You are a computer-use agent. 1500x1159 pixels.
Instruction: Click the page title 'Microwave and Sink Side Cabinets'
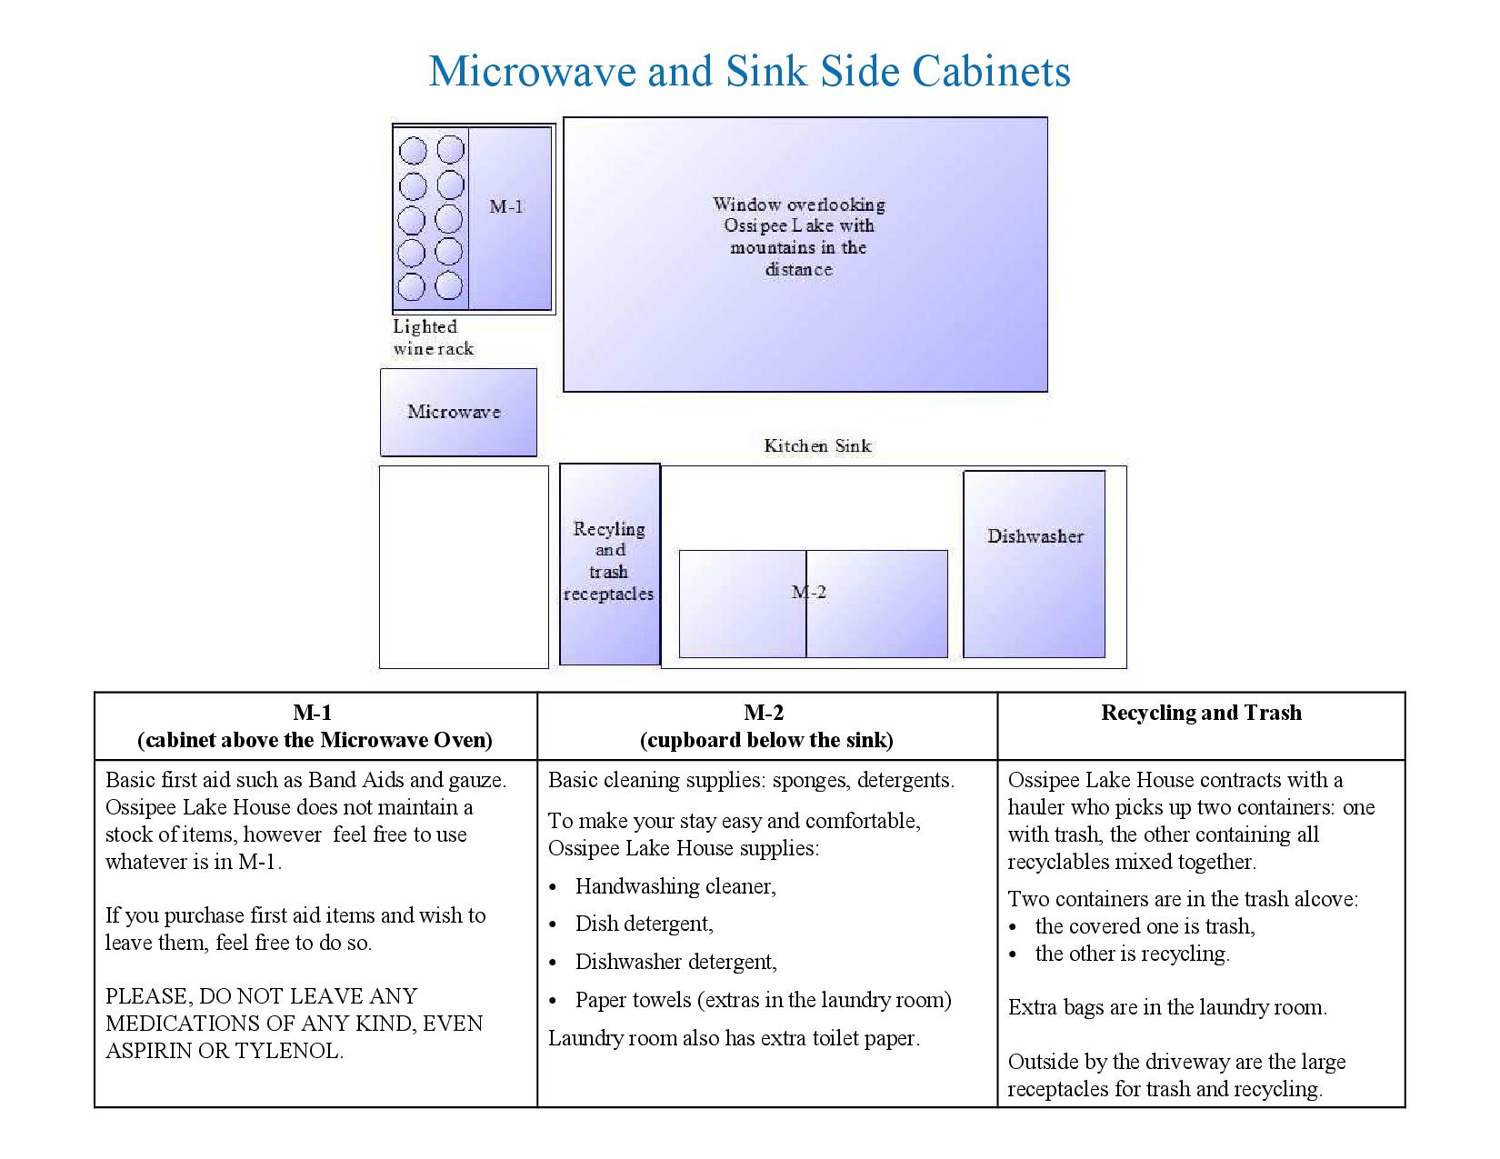[x=749, y=71]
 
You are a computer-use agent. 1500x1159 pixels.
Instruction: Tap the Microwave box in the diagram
[x=458, y=412]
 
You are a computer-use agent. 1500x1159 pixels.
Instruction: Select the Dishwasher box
[x=1035, y=564]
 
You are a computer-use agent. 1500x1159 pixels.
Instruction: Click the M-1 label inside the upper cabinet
[x=506, y=206]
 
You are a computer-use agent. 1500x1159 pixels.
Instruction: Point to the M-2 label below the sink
[x=809, y=593]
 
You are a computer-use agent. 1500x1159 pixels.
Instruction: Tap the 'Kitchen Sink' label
[x=817, y=445]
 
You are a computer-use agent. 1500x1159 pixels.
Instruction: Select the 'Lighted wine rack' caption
[x=433, y=337]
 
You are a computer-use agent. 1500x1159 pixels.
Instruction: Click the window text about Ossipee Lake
[x=798, y=236]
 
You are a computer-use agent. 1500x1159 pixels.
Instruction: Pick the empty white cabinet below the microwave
[x=464, y=567]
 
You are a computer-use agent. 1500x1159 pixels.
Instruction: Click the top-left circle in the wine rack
[x=413, y=150]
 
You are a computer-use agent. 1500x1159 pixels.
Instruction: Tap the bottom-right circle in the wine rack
[x=449, y=286]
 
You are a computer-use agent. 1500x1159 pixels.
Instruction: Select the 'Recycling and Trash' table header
[x=1201, y=713]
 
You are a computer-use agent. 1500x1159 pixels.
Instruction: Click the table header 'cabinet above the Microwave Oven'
[x=315, y=740]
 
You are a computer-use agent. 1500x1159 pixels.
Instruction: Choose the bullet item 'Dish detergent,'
[x=644, y=924]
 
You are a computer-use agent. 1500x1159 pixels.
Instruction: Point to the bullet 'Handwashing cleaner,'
[x=675, y=886]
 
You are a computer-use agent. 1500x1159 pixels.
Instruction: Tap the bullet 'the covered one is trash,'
[x=1145, y=926]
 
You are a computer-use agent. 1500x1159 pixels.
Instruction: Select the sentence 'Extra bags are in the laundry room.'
[x=1167, y=1007]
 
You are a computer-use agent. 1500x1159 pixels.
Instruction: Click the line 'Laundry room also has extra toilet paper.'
[x=734, y=1038]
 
